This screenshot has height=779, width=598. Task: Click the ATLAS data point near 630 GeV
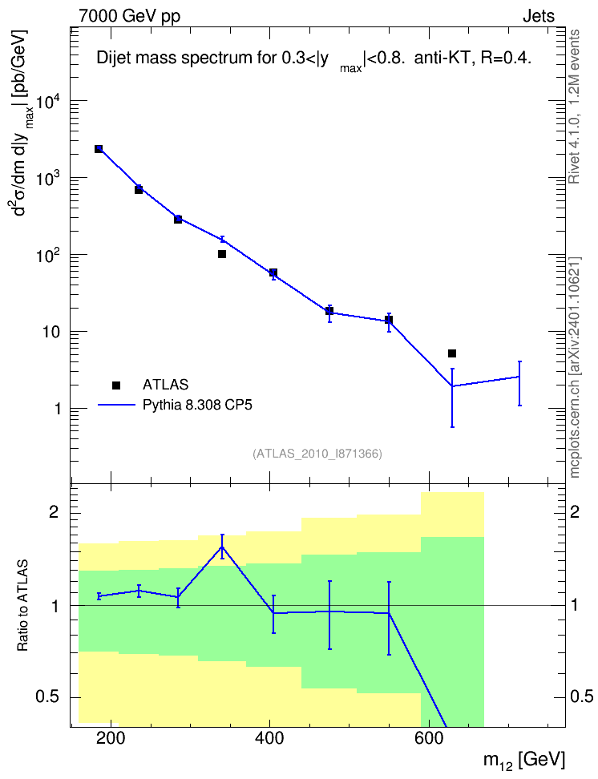point(452,353)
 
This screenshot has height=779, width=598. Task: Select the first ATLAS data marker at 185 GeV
point(99,149)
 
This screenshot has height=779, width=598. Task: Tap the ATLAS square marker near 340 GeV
point(222,254)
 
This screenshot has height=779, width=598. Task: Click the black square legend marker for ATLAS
point(116,385)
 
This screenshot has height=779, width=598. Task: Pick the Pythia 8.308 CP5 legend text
point(197,405)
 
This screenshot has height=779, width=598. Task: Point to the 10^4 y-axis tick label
point(49,101)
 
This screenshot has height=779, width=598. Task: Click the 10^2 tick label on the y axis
point(49,256)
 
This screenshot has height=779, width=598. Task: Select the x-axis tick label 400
point(269,738)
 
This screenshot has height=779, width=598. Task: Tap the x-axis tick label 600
point(429,738)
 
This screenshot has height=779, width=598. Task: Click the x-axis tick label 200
point(111,738)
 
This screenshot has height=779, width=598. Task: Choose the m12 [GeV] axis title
point(524,761)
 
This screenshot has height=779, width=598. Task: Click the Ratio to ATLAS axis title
point(22,606)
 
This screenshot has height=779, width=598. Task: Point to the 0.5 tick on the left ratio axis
point(47,697)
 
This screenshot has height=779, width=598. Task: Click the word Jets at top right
point(539,16)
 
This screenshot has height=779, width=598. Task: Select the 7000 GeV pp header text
point(129,16)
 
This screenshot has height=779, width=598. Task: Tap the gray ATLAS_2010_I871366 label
point(317,454)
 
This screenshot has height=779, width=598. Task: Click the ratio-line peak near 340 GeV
point(222,547)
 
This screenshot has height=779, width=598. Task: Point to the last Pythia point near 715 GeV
point(519,377)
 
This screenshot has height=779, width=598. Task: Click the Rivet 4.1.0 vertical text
point(574,107)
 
